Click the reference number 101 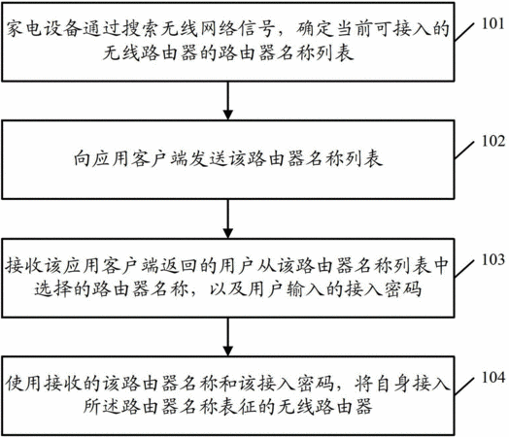[492, 24]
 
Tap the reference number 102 [493, 142]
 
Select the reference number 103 [493, 260]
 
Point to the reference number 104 [493, 378]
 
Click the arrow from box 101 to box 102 [228, 101]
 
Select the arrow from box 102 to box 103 [228, 218]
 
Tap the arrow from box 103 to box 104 [228, 337]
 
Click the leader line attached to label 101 [464, 32]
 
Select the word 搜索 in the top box [143, 29]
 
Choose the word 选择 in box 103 [53, 288]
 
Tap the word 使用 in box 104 [24, 384]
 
